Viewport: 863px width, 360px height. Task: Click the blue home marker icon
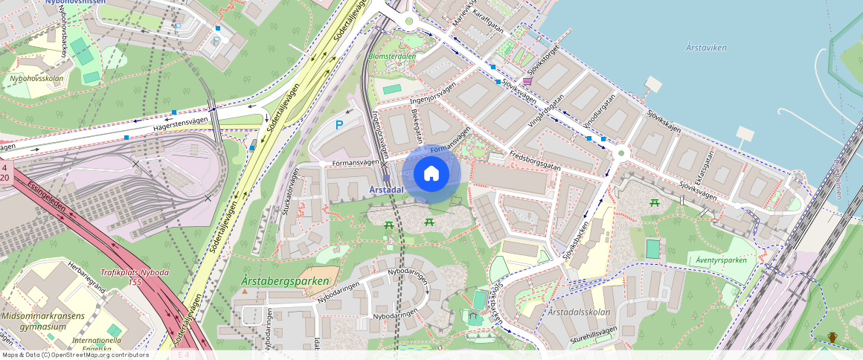point(431,174)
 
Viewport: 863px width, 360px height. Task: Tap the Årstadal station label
point(386,190)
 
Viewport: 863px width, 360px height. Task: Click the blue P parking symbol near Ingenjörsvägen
point(339,125)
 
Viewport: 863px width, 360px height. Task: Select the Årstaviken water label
point(706,48)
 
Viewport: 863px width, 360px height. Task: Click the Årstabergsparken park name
point(285,281)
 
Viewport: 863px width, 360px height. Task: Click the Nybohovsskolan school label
point(36,78)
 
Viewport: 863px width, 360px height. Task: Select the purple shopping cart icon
point(528,81)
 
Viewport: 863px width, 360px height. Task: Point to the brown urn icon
point(832,338)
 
